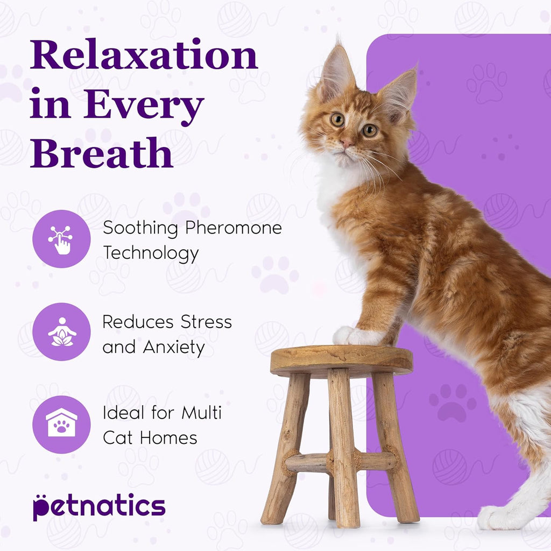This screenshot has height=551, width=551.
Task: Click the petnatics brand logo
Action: click(98, 507)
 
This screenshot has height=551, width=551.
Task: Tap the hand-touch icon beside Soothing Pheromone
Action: click(61, 239)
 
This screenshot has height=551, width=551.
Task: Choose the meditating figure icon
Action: click(61, 332)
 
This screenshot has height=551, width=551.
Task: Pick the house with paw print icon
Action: click(61, 425)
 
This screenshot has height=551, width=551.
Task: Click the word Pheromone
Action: click(234, 228)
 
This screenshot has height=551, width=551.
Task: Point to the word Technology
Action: click(151, 253)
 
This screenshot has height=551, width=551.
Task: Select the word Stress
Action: click(206, 322)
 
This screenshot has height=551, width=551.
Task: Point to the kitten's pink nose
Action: click(346, 144)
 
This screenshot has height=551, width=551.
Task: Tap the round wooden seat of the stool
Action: click(341, 359)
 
